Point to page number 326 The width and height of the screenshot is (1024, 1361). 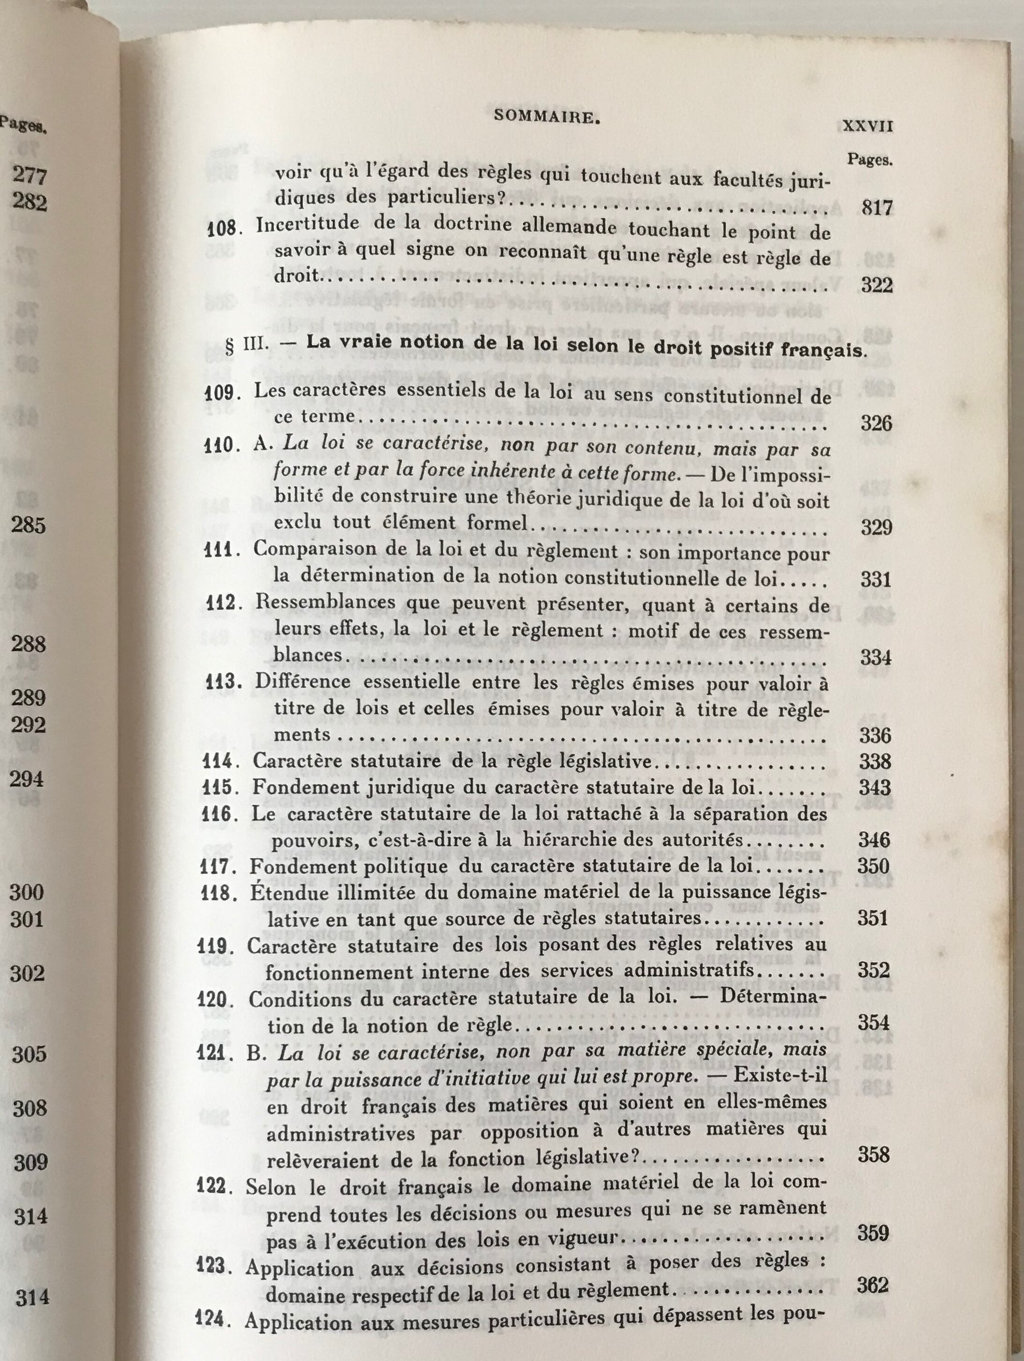(x=875, y=423)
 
